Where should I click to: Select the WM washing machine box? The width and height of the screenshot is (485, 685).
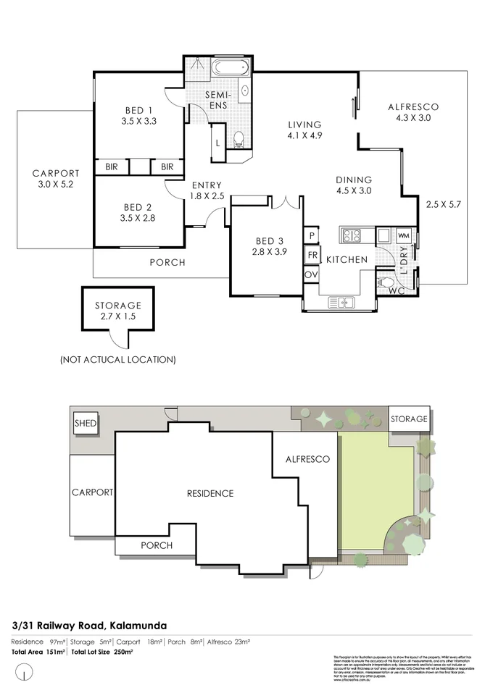point(404,235)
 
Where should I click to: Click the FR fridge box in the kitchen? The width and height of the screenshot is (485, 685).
point(312,255)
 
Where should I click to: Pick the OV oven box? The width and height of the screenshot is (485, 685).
point(312,274)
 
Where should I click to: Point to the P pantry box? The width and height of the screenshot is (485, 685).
point(312,235)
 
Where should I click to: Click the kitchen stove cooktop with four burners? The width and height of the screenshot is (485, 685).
point(352,235)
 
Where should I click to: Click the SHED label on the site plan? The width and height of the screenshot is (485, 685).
point(86,423)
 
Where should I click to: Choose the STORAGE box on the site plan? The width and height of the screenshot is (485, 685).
point(409,419)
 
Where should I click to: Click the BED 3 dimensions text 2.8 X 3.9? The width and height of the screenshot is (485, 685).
point(265,253)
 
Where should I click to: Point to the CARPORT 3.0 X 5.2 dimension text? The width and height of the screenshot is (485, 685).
point(55,185)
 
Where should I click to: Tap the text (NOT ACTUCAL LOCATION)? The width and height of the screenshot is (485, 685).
point(118,359)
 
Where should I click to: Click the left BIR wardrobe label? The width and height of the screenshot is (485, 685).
point(111,167)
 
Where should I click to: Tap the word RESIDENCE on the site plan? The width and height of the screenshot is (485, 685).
point(210,493)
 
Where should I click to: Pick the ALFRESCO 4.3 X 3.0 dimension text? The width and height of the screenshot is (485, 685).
point(413,118)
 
